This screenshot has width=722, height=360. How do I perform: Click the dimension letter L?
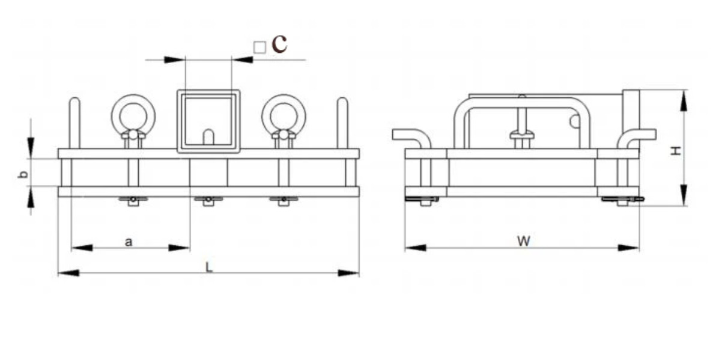[209, 267]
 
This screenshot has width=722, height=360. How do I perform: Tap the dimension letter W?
[523, 241]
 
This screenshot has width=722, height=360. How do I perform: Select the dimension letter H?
[676, 151]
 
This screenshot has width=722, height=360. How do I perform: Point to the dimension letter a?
[129, 242]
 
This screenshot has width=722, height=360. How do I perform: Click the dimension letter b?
[23, 174]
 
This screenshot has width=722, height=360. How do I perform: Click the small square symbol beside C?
[260, 47]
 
